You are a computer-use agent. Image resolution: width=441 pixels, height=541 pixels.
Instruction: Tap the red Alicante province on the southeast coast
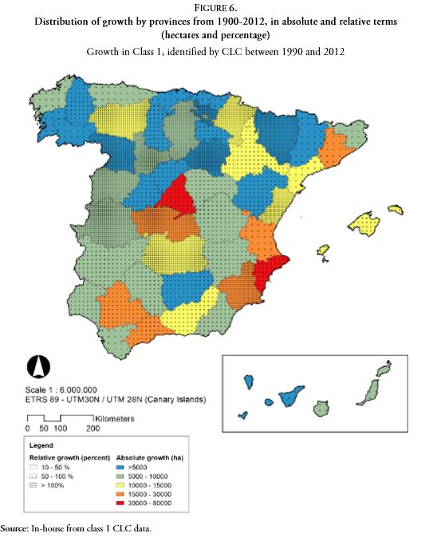pos(271,272)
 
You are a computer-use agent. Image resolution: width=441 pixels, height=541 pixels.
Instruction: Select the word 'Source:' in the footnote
pos(15,528)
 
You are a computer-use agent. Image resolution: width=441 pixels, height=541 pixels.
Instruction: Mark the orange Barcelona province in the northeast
pos(336,148)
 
